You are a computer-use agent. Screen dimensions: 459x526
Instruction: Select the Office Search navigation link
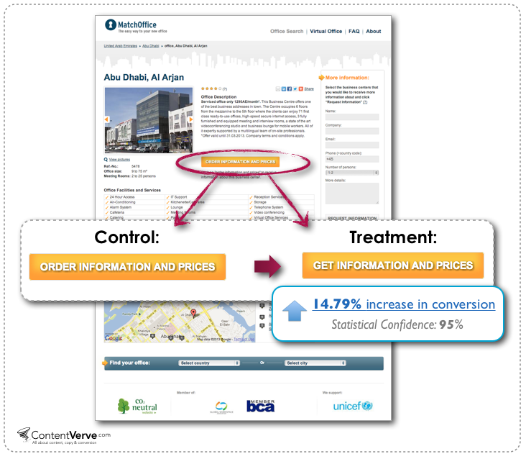pyautogui.click(x=287, y=32)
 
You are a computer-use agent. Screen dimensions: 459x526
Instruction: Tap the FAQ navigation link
pyautogui.click(x=354, y=32)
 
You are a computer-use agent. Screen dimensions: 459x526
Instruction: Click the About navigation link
pyautogui.click(x=374, y=32)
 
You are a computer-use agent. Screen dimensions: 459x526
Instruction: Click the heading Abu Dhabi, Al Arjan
pyautogui.click(x=144, y=77)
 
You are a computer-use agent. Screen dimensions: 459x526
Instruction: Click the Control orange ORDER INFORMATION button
pyautogui.click(x=127, y=267)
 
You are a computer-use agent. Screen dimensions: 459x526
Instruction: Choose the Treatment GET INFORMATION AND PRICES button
pyautogui.click(x=393, y=265)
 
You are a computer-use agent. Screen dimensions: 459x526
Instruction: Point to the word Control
pyautogui.click(x=128, y=237)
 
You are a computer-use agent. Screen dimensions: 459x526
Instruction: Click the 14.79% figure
pyautogui.click(x=337, y=304)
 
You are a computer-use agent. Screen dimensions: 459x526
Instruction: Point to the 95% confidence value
pyautogui.click(x=451, y=324)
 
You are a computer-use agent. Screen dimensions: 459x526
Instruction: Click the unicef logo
pyautogui.click(x=353, y=406)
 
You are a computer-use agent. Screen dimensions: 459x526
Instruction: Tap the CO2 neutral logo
pyautogui.click(x=137, y=406)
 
